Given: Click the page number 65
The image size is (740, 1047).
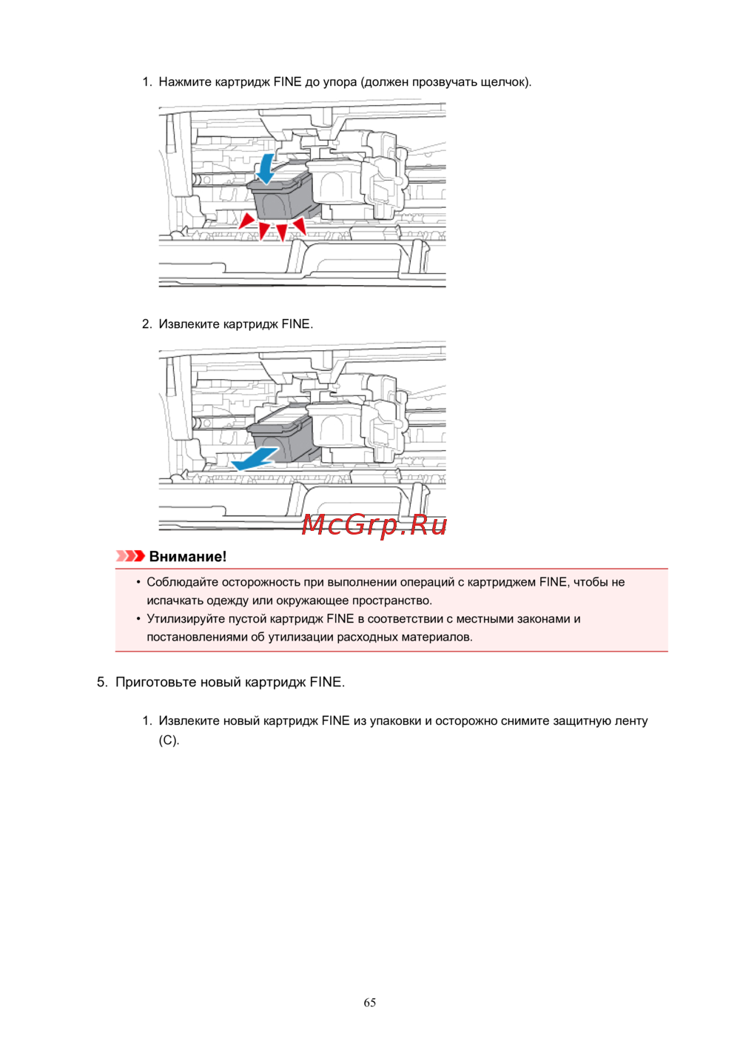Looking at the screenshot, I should (x=369, y=1003).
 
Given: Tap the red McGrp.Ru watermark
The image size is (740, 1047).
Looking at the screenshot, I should (x=374, y=525).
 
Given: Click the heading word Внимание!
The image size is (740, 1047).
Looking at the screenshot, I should (x=188, y=556).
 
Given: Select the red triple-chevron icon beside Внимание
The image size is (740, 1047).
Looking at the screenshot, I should (x=130, y=556).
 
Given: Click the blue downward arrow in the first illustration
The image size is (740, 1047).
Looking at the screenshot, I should (x=266, y=170).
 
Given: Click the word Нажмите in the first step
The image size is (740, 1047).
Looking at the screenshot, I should (x=185, y=81).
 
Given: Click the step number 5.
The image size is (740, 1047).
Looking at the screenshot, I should (x=102, y=682).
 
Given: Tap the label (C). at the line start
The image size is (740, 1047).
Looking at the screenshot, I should (x=169, y=740).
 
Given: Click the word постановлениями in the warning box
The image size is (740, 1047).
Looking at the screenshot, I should (x=197, y=637).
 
